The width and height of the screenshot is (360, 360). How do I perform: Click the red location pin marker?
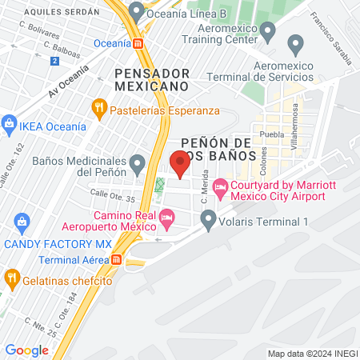click(x=180, y=164)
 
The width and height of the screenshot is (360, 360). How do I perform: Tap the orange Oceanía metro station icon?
click(x=138, y=43)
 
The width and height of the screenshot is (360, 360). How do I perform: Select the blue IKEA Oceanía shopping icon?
click(x=9, y=124)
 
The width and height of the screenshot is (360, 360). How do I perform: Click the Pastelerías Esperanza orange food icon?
click(x=99, y=106)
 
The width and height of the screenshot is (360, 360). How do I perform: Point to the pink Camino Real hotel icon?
click(x=166, y=216)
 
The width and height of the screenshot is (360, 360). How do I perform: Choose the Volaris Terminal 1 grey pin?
click(x=209, y=217)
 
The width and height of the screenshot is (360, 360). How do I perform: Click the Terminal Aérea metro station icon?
click(x=117, y=259)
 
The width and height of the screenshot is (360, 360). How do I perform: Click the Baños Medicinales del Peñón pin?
click(x=138, y=165)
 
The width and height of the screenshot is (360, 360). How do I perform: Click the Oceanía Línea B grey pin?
click(x=136, y=12)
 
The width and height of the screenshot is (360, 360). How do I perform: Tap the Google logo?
click(x=26, y=350)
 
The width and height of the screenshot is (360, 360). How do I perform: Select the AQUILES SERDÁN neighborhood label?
click(x=63, y=13)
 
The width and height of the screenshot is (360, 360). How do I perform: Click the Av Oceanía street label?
click(x=67, y=82)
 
